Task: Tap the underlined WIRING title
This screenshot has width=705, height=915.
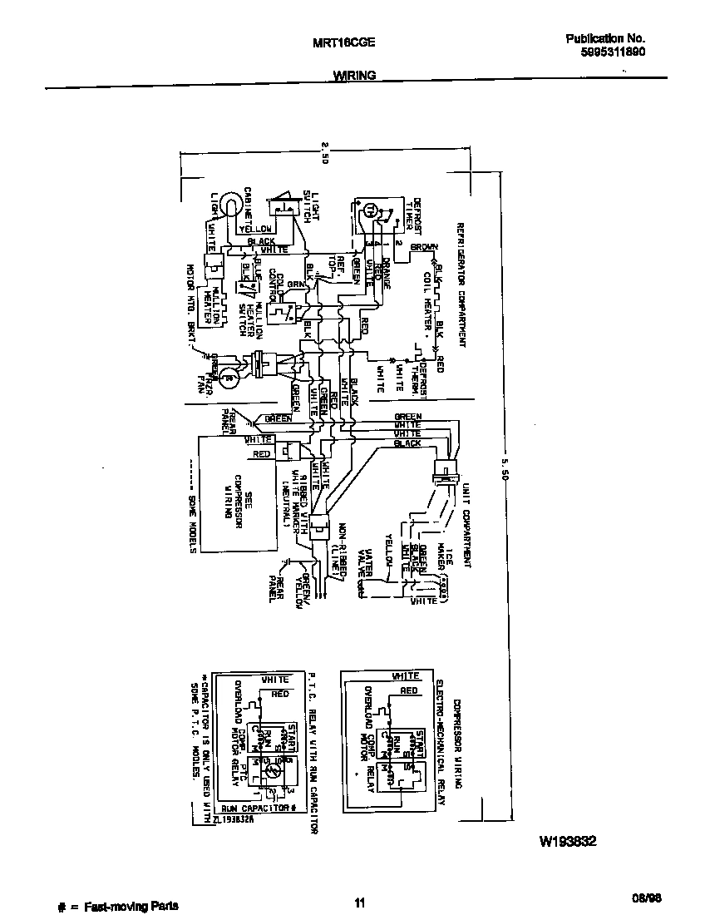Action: [354, 75]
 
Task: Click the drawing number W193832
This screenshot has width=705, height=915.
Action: [568, 841]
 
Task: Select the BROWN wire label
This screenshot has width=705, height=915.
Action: [424, 247]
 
